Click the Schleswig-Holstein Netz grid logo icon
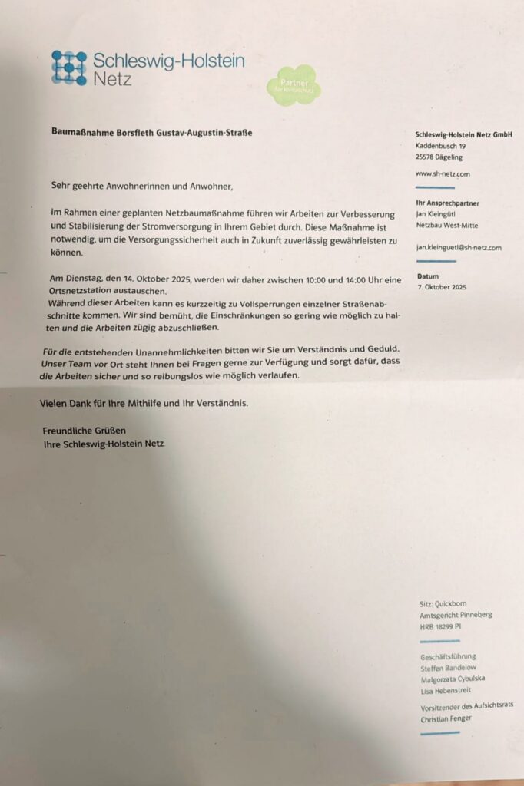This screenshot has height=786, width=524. pyautogui.click(x=68, y=68)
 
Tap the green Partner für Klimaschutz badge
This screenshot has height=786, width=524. pyautogui.click(x=293, y=85)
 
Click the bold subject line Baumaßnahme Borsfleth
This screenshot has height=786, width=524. pyautogui.click(x=151, y=133)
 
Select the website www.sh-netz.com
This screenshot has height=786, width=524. pyautogui.click(x=443, y=173)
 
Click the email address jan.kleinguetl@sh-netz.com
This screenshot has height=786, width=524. pyautogui.click(x=458, y=248)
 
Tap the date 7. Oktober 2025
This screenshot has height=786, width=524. pyautogui.click(x=441, y=287)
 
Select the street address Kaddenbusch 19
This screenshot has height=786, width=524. pyautogui.click(x=441, y=145)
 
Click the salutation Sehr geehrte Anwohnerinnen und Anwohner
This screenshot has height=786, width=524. pyautogui.click(x=141, y=185)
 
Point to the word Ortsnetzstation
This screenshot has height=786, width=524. pyautogui.click(x=86, y=291)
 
